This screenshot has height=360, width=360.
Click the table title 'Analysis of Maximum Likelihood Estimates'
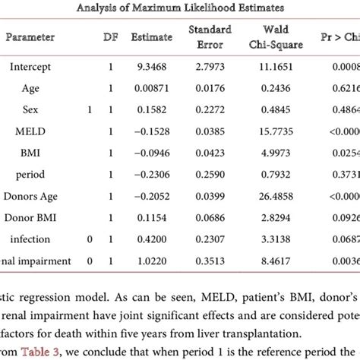(x=179, y=8)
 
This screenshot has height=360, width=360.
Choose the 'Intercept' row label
(x=30, y=67)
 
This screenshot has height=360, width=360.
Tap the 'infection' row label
(x=30, y=239)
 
